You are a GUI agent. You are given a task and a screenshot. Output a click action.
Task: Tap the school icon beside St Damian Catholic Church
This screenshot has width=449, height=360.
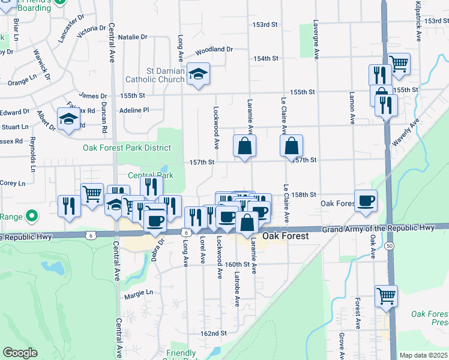click(197, 74)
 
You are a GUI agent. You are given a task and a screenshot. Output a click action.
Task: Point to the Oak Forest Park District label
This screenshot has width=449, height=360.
click(127, 148)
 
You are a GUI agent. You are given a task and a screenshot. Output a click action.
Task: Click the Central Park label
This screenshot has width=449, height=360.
click(150, 175)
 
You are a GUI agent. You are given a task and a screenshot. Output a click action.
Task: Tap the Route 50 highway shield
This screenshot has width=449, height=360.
click(391, 247)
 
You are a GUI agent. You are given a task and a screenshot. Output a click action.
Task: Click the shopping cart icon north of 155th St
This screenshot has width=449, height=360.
click(398, 63)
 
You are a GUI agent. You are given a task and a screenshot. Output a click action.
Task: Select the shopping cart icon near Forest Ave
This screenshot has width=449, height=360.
click(386, 296)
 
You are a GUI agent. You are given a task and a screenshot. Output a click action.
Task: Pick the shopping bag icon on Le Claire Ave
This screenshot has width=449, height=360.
click(291, 146)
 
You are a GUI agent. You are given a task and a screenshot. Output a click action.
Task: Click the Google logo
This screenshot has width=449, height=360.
click(20, 353)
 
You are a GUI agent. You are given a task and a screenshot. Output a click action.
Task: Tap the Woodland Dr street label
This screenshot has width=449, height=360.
click(213, 49)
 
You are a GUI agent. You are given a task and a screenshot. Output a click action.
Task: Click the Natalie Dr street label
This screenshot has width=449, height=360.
click(133, 37)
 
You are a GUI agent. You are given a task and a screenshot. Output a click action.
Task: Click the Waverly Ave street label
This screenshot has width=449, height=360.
click(405, 133)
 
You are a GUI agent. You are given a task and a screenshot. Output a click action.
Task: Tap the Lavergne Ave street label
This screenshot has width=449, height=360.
click(316, 40)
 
